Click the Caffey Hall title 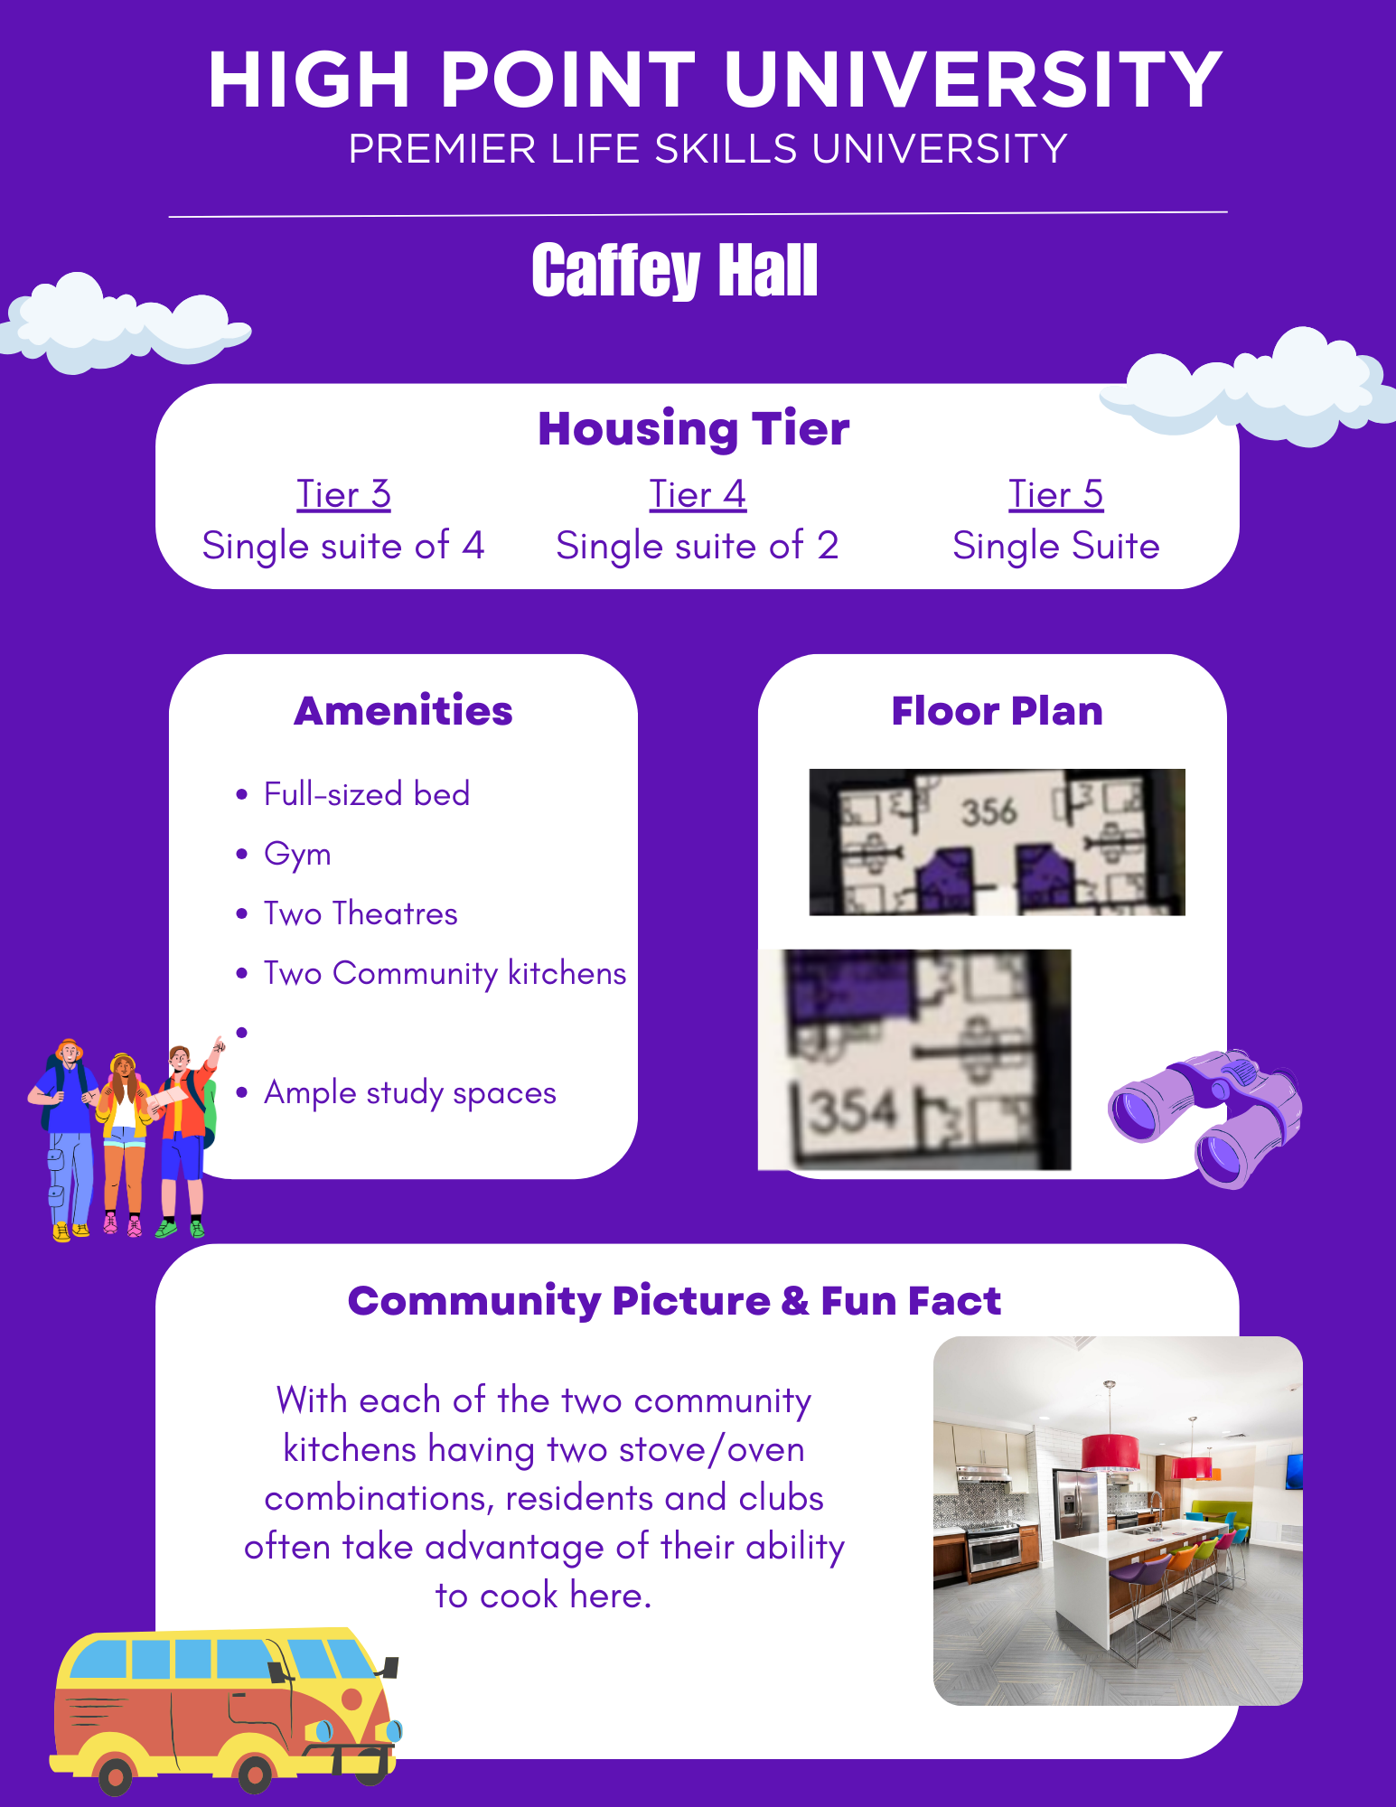tap(674, 271)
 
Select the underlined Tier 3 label tap(343, 494)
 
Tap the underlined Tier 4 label tap(698, 494)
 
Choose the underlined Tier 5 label tap(1055, 494)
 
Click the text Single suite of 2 tap(698, 546)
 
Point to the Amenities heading tap(403, 711)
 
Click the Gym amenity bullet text tap(297, 855)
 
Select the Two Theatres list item tap(361, 913)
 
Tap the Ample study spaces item tap(410, 1093)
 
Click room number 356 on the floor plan tap(988, 811)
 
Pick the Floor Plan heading tap(998, 711)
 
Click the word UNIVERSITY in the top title tap(974, 80)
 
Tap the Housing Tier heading tap(694, 428)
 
